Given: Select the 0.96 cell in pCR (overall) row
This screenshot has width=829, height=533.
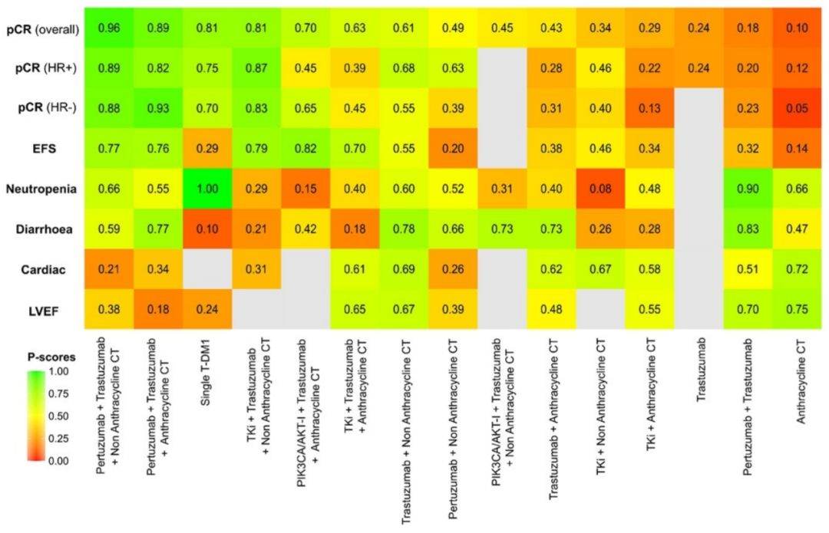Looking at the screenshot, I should (x=107, y=30).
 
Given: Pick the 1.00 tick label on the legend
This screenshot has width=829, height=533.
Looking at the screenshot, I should (x=58, y=371).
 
